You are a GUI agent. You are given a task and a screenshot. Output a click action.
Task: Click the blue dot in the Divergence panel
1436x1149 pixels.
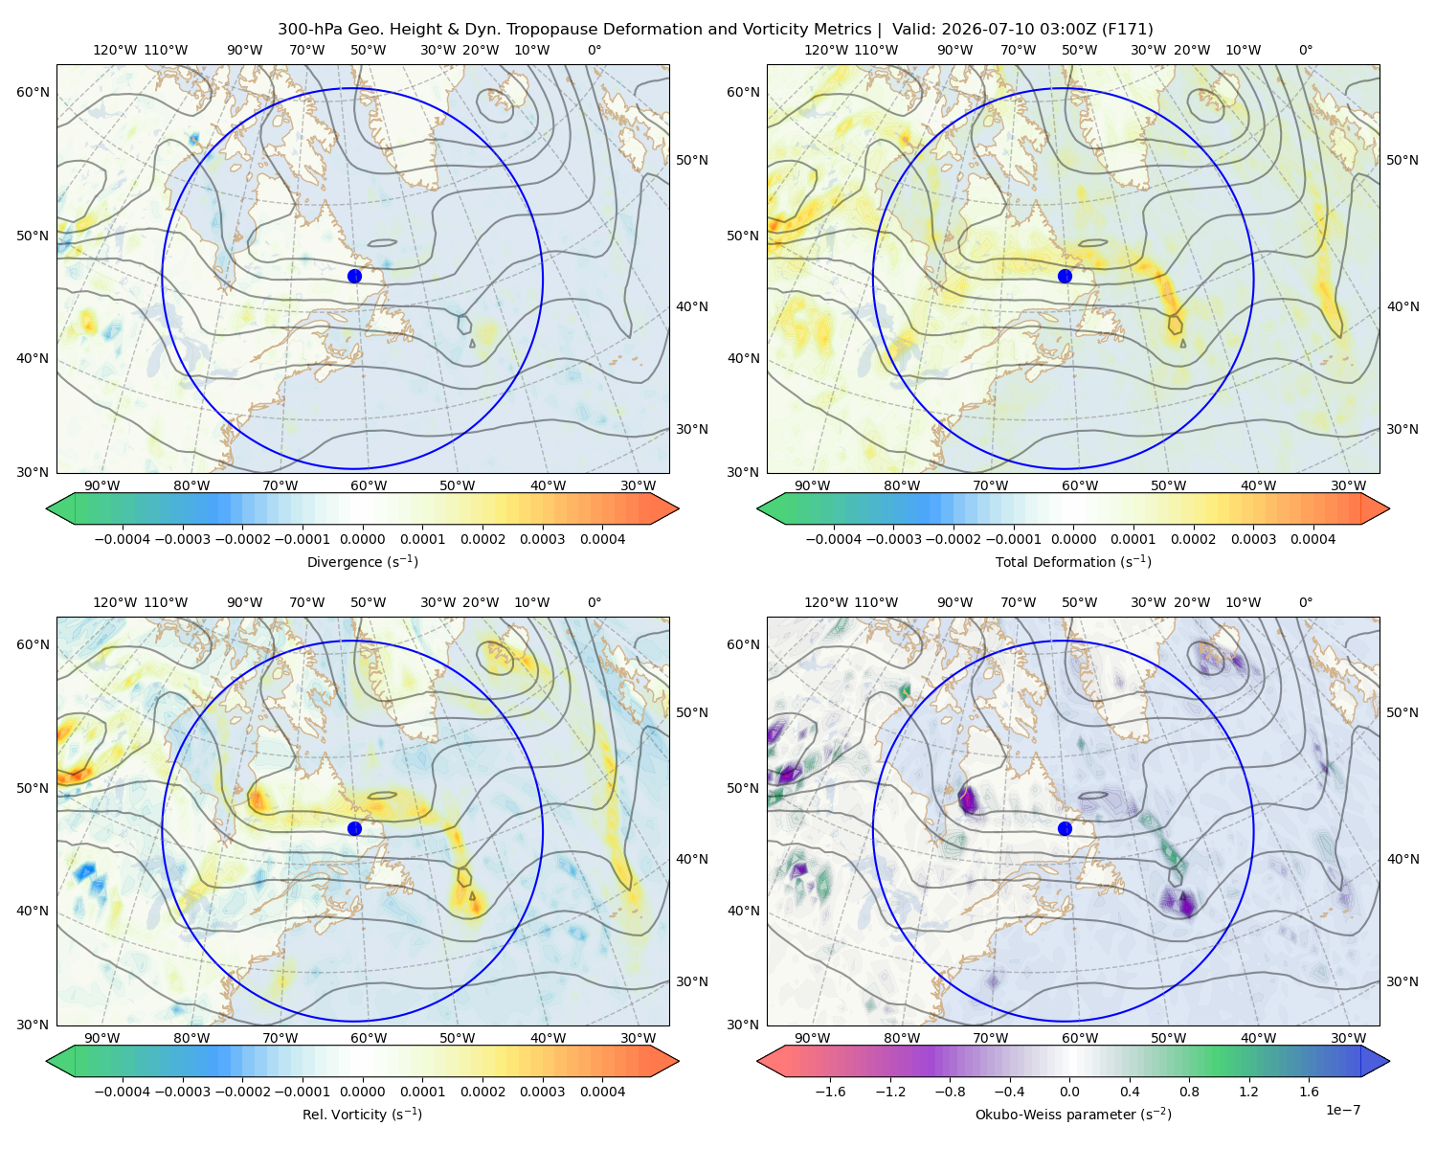(x=354, y=276)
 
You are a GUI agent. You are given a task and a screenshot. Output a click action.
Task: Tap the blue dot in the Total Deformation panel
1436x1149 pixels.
(x=1065, y=276)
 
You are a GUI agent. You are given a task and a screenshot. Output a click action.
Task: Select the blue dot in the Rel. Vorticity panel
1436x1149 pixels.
(x=354, y=828)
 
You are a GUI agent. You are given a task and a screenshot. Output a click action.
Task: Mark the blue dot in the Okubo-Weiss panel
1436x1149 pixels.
(x=1065, y=828)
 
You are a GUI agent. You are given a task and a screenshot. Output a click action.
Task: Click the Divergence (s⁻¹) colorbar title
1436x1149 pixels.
(x=362, y=561)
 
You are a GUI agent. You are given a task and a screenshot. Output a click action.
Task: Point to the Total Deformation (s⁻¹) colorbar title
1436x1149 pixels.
(x=1073, y=561)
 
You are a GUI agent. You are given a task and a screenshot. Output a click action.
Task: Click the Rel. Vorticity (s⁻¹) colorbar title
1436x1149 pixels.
(x=362, y=1115)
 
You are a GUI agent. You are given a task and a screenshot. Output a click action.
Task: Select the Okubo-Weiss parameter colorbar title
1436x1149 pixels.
(x=1073, y=1115)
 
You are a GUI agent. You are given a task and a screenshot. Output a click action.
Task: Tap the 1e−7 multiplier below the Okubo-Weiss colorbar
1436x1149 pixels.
(x=1342, y=1110)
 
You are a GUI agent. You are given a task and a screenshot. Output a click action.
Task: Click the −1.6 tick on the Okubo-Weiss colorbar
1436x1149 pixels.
(x=830, y=1092)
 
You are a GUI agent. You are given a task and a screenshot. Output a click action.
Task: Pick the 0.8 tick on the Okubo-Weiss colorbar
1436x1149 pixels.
(x=1189, y=1092)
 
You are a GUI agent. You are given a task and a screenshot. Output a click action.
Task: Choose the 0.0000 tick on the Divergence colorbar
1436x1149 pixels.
(x=362, y=539)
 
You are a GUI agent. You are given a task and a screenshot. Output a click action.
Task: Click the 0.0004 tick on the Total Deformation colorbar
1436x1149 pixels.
(x=1313, y=539)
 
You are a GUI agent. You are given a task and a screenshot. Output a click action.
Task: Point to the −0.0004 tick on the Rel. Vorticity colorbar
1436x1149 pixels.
(x=123, y=1092)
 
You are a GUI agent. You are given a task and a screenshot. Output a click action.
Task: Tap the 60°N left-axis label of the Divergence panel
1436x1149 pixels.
(x=33, y=92)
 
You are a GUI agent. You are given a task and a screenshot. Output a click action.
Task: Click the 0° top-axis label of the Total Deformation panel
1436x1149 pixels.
(x=1305, y=50)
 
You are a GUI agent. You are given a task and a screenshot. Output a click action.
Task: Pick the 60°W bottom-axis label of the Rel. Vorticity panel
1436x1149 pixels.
(x=369, y=1038)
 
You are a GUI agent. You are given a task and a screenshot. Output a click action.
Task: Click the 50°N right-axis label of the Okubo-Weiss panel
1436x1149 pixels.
(x=1402, y=712)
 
